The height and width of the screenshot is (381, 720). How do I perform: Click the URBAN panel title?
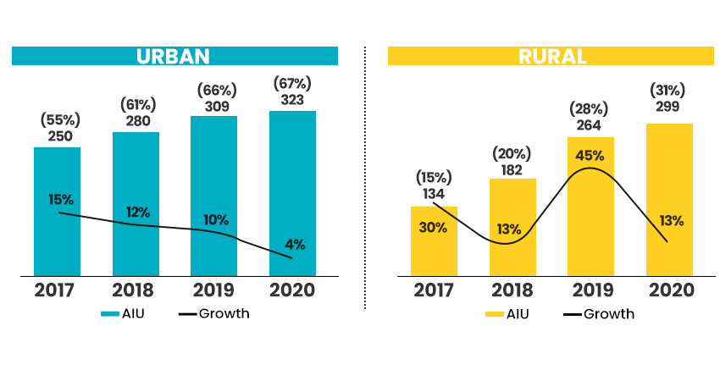[174, 56]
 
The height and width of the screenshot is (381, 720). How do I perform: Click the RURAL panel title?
[552, 56]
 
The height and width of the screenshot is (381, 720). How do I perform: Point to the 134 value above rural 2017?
[434, 194]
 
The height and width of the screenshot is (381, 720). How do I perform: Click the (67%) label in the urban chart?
[292, 83]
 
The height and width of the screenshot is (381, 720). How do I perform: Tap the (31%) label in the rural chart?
[667, 89]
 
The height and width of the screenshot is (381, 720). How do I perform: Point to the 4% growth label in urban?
[295, 245]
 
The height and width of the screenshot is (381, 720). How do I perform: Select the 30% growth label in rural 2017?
[432, 227]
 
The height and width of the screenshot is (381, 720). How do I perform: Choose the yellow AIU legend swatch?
[495, 314]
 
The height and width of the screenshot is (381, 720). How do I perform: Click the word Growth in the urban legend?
[224, 314]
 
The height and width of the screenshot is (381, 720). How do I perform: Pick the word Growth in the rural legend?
[608, 314]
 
